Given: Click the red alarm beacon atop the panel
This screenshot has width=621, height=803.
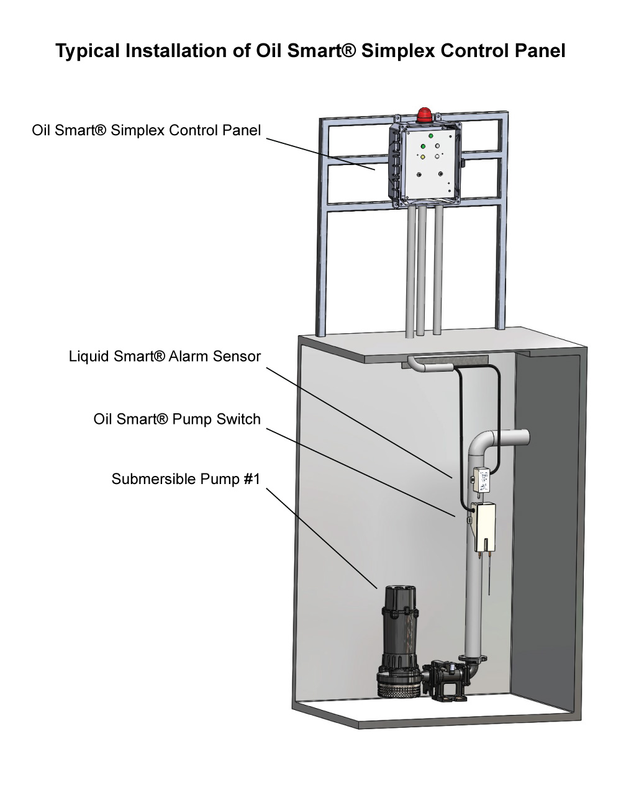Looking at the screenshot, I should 424,115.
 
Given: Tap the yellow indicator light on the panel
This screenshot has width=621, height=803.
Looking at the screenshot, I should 422,158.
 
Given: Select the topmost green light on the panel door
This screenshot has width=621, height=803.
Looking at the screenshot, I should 430,136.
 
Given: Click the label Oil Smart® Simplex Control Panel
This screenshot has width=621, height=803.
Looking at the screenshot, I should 147,130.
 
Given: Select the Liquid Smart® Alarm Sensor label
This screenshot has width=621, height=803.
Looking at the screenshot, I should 165,356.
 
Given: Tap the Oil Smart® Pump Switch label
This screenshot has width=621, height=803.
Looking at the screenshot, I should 177,419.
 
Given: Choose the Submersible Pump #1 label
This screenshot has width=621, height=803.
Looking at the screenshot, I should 186,479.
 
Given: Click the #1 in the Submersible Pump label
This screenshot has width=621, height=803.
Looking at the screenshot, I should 251,479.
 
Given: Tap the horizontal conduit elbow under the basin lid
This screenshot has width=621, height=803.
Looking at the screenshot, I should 428,365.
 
